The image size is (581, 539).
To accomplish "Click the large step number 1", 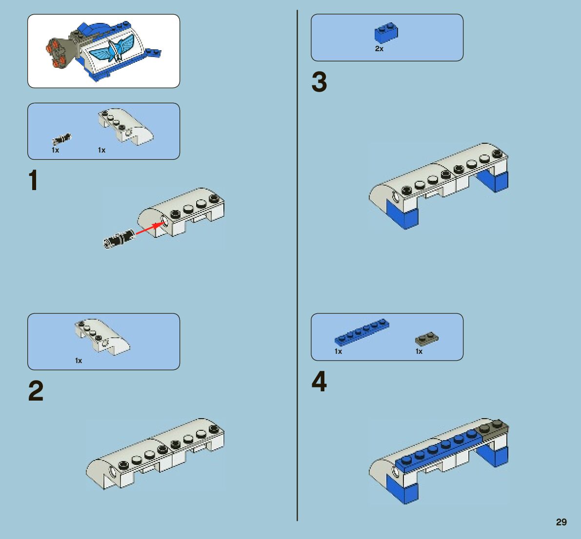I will [x=33, y=181].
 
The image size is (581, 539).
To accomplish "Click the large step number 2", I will [x=36, y=391].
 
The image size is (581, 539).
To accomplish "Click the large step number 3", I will [x=319, y=82].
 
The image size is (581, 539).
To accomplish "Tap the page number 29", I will [x=561, y=522].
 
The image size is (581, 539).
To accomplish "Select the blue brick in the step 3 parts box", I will [x=386, y=33].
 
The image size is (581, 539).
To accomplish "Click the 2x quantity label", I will [x=379, y=49].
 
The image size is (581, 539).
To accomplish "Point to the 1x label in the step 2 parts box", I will [x=78, y=361].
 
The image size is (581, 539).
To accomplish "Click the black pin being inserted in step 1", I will [x=118, y=238].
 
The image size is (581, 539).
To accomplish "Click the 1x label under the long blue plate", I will [x=338, y=351].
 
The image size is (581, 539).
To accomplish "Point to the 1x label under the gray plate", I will [x=419, y=351].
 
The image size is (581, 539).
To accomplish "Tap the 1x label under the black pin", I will [x=55, y=150].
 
